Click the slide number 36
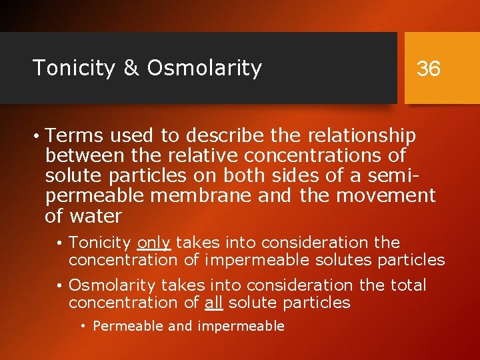428,68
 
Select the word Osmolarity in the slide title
205,68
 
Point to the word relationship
362,136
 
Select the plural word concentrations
325,156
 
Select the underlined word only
154,242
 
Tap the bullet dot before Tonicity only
60,243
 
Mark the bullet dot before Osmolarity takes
60,286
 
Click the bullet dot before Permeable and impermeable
84,327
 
